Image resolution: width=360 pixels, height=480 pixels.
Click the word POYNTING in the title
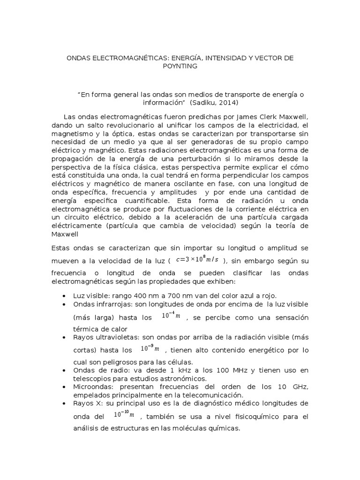tap(180, 66)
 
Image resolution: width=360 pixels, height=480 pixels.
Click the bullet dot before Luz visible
tap(64, 296)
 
